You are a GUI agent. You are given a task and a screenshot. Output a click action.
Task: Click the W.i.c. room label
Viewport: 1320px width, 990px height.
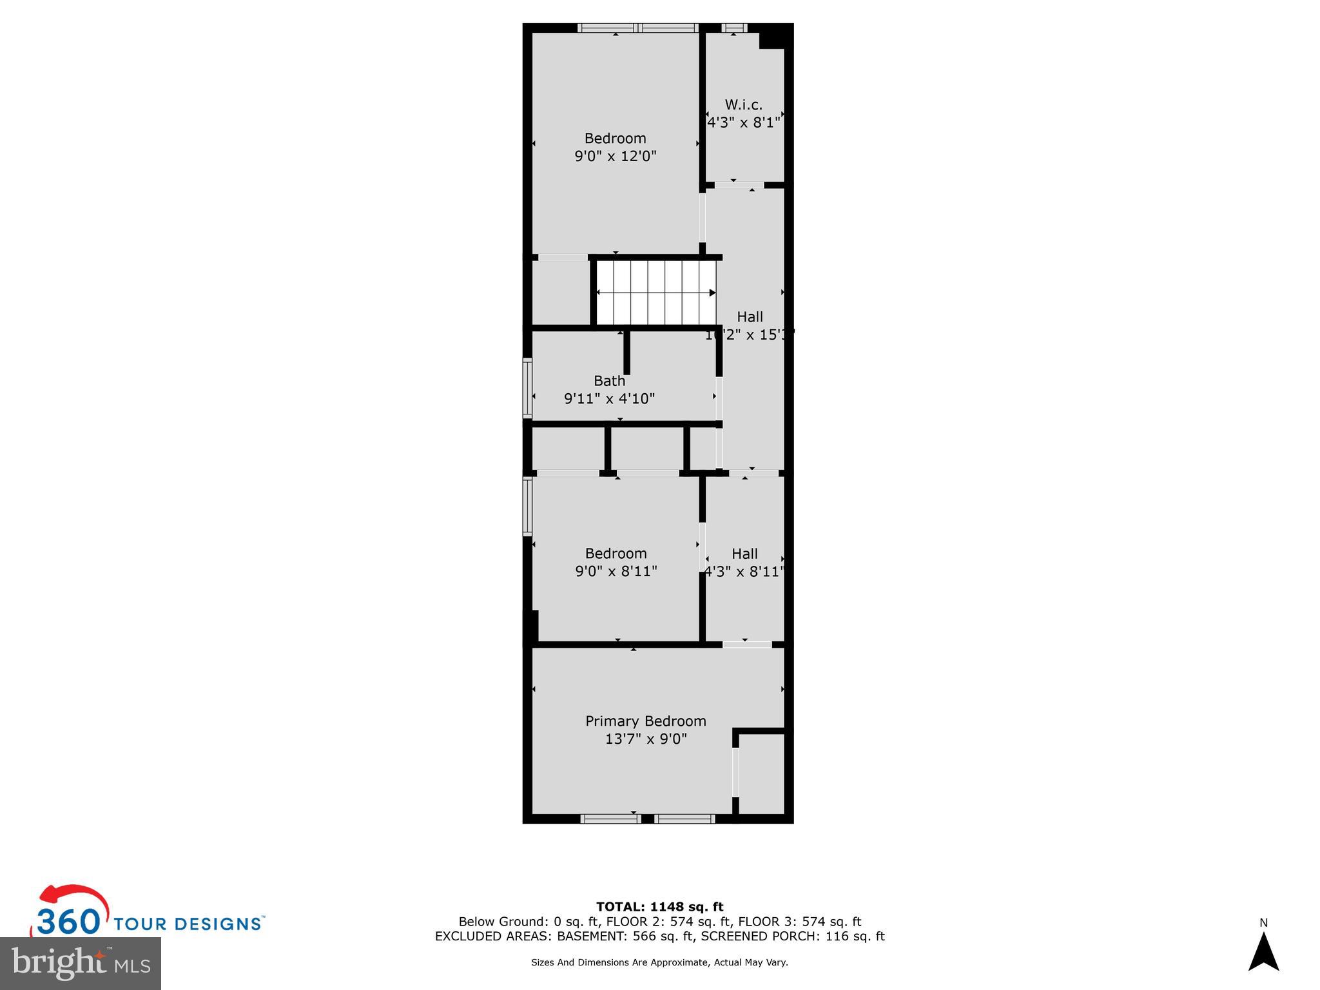tap(743, 105)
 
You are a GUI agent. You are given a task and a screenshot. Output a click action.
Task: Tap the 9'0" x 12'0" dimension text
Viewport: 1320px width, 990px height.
tap(615, 156)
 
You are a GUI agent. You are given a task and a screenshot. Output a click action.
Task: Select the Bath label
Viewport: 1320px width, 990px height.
tap(609, 381)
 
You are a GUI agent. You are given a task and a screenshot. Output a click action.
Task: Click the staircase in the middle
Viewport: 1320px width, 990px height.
tap(655, 293)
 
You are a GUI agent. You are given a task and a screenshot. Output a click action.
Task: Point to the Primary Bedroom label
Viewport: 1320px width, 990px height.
tap(645, 721)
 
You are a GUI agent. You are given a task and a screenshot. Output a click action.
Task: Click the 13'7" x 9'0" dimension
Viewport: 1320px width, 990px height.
tap(645, 739)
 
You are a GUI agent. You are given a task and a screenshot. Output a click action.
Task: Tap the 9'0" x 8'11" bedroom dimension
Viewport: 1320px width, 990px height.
tap(616, 571)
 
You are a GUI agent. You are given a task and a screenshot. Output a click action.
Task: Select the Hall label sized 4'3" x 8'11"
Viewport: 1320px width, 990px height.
tap(744, 554)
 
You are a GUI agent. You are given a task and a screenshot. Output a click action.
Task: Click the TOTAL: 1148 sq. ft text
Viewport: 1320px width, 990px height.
tap(659, 907)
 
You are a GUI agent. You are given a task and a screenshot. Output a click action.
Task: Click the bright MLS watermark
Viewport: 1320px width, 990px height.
tap(81, 963)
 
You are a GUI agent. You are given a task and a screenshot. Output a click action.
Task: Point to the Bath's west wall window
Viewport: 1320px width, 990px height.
tap(527, 389)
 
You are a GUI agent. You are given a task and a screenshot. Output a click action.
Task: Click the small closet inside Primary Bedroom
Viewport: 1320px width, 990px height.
tap(761, 773)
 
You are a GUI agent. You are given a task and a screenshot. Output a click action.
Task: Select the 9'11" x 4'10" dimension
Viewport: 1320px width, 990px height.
tap(609, 399)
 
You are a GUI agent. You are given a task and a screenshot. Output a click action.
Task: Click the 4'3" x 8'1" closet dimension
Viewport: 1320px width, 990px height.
tap(744, 122)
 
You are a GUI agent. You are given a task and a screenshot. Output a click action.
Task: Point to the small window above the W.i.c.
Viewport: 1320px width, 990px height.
tap(733, 28)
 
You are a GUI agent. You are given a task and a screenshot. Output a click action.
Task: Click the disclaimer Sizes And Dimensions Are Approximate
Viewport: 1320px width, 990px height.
tap(659, 962)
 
